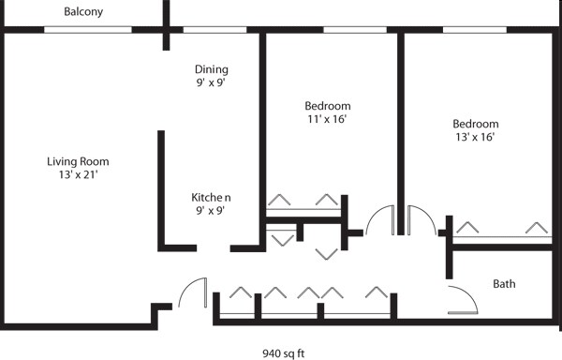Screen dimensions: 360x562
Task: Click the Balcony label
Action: (83, 12)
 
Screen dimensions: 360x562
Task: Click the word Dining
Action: (211, 69)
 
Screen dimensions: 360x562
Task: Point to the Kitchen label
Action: (210, 197)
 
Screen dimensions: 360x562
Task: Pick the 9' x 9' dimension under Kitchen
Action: (210, 210)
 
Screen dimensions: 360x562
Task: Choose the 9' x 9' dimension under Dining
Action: (211, 82)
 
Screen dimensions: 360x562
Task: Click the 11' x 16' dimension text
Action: (328, 119)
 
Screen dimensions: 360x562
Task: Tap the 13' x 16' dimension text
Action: (475, 137)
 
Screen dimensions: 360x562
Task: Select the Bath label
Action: (504, 283)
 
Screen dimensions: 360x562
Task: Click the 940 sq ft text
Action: (284, 353)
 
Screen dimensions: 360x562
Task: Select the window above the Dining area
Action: (214, 30)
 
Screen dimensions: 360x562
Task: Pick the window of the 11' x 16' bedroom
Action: (354, 30)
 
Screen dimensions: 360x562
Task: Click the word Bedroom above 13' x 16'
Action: (475, 124)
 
